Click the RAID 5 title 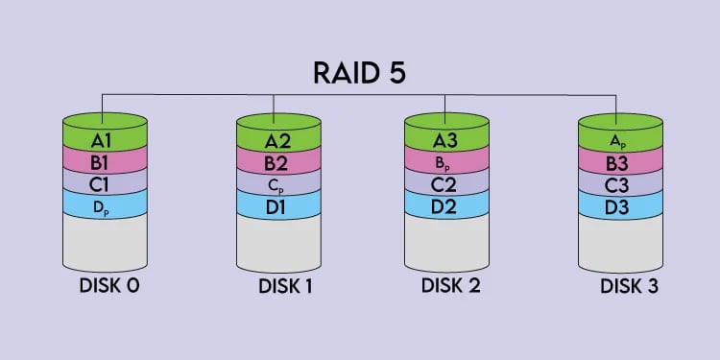coord(360,74)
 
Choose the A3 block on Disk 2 coord(446,140)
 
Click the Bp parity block coord(446,161)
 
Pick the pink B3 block coord(619,160)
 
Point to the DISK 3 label coord(628,285)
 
